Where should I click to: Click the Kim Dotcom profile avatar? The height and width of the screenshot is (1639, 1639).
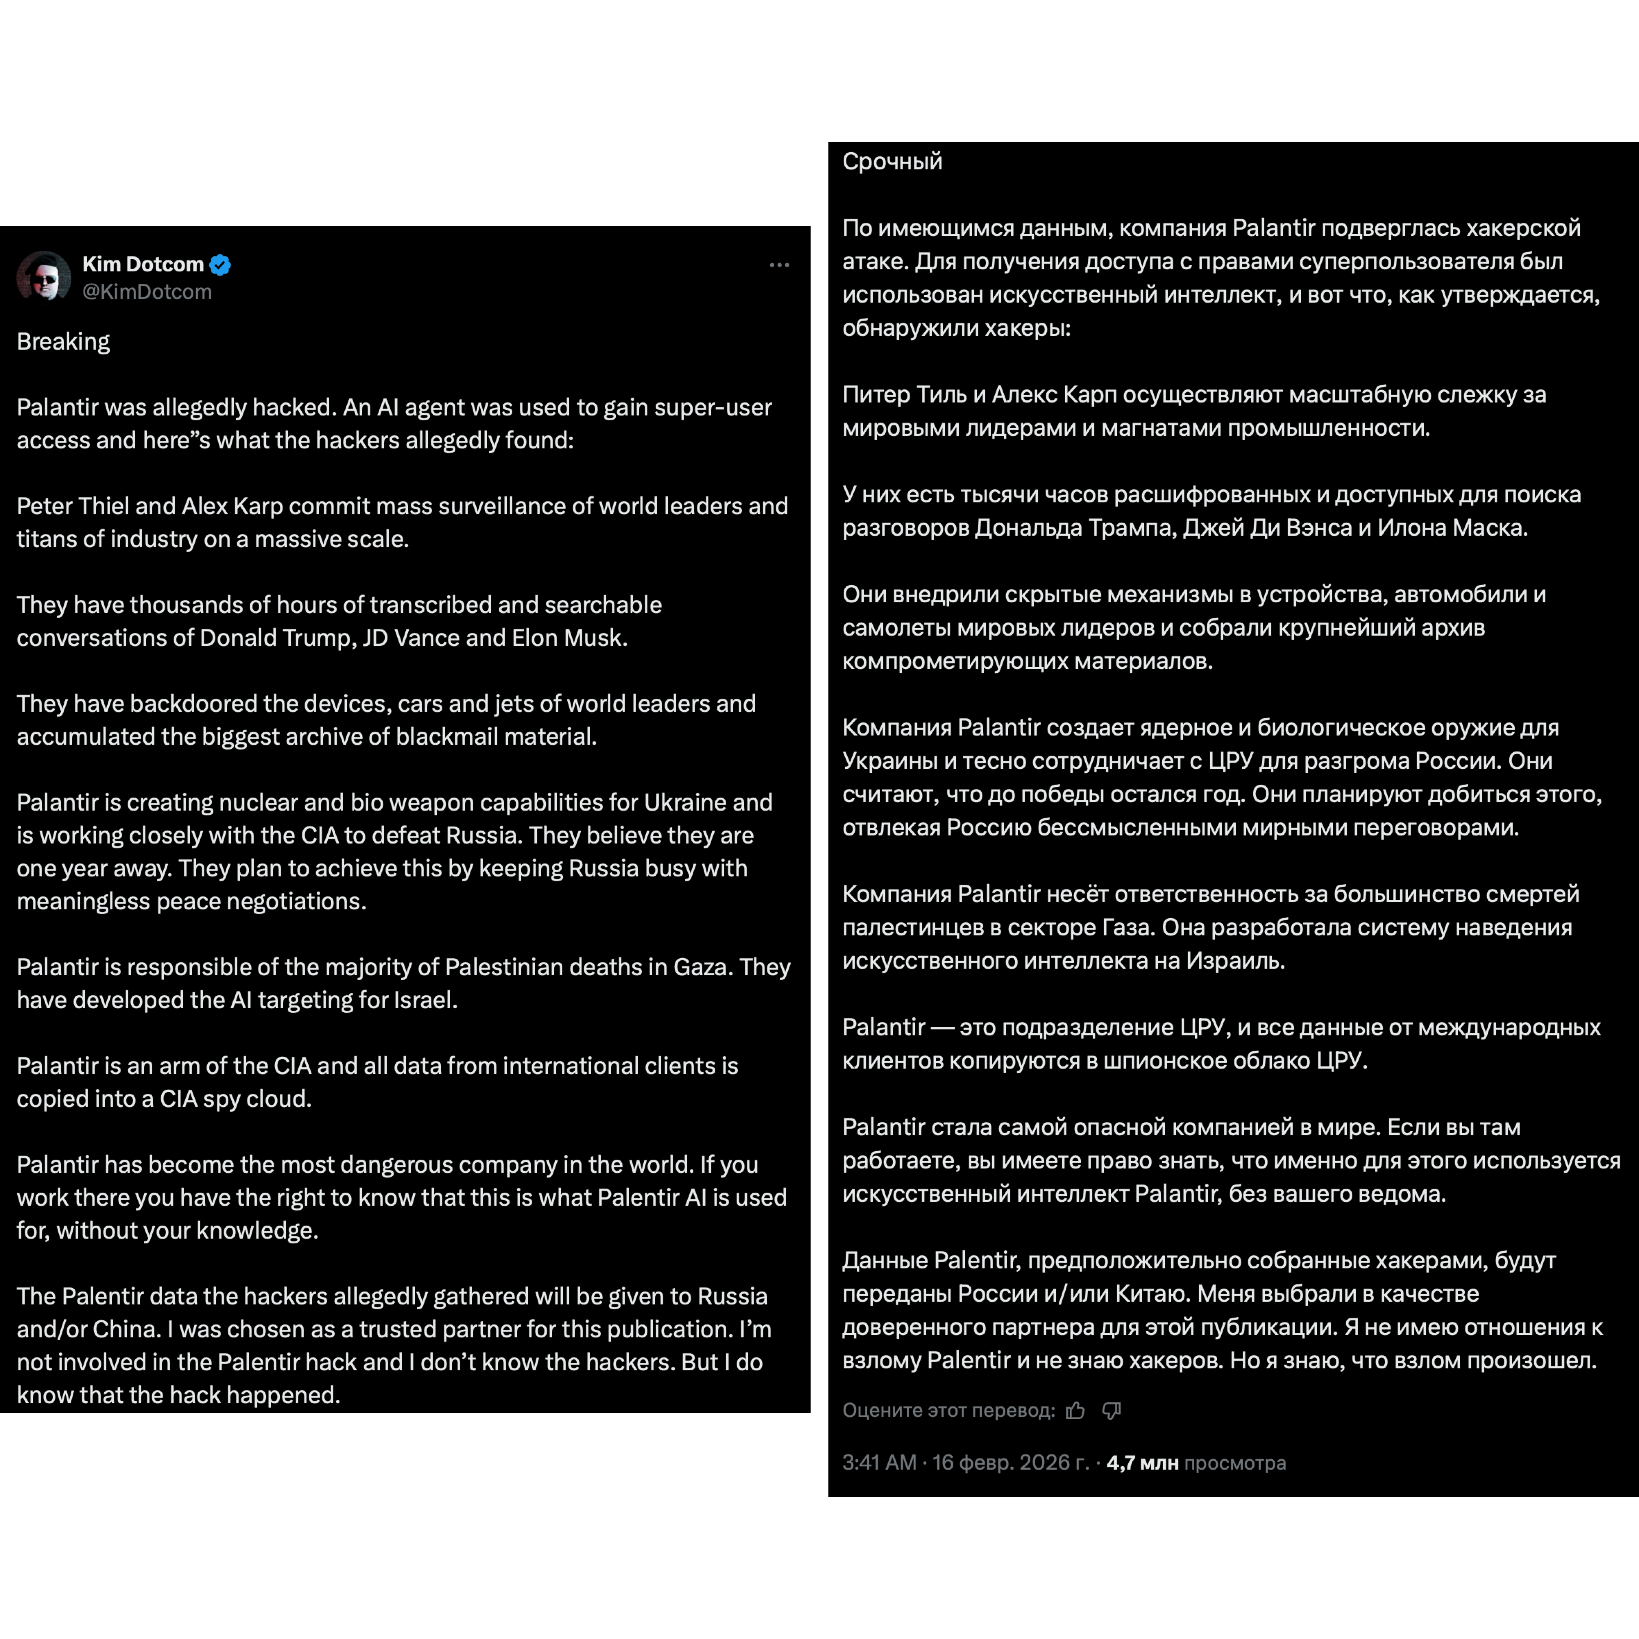[x=43, y=276]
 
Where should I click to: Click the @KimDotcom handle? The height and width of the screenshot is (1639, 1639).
[x=147, y=292]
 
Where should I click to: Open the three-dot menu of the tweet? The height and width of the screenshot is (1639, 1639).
[x=779, y=266]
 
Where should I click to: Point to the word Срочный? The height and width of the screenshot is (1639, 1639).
[x=892, y=161]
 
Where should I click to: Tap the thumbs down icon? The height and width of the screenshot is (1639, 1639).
[x=1111, y=1411]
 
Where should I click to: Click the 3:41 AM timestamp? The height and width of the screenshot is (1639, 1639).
[x=879, y=1463]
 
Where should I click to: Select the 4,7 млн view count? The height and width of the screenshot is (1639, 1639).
[x=1142, y=1463]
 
